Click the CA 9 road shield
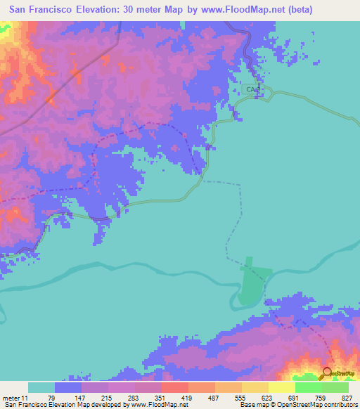coord(252,90)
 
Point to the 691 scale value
coord(297,398)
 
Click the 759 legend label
coord(323,398)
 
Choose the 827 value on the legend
coord(349,398)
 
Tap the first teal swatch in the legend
coord(41,387)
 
